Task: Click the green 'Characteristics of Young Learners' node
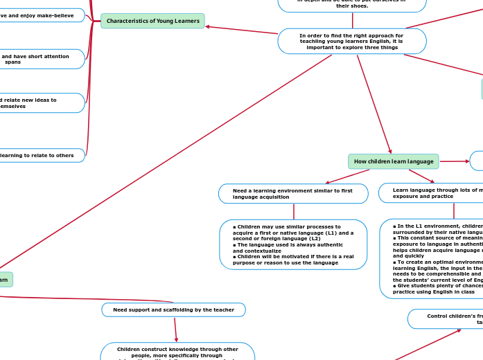pyautogui.click(x=152, y=21)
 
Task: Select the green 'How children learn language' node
pyautogui.click(x=393, y=161)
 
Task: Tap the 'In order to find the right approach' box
pyautogui.click(x=351, y=41)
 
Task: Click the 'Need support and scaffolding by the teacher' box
pyautogui.click(x=173, y=309)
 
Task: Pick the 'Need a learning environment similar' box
pyautogui.click(x=292, y=194)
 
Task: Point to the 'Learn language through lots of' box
pyautogui.click(x=431, y=193)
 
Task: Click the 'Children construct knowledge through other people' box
pyautogui.click(x=177, y=352)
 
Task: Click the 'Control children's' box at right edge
pyautogui.click(x=446, y=318)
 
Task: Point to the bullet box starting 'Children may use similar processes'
pyautogui.click(x=293, y=244)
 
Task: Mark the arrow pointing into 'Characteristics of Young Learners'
pyautogui.click(x=209, y=27)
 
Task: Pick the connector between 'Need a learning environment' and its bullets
pyautogui.click(x=294, y=211)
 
